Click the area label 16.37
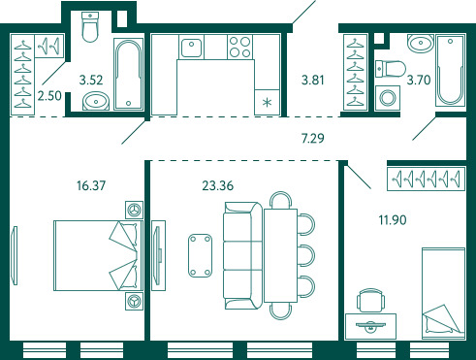point(91,185)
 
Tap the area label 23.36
point(217,185)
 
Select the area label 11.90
point(393,220)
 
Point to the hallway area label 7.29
point(312,138)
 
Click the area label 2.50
point(49,96)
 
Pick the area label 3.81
point(312,80)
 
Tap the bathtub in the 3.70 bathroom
point(450,71)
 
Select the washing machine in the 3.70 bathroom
point(387,98)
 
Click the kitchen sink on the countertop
point(191,47)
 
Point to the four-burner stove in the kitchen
point(240,48)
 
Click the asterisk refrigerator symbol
point(267,103)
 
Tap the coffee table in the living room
point(201,255)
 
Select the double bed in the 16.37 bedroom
point(98,255)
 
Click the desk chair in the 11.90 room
point(370,300)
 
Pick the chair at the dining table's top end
point(281,200)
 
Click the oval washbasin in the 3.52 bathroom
point(96,101)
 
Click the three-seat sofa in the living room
point(243,255)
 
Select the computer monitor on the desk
point(370,326)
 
